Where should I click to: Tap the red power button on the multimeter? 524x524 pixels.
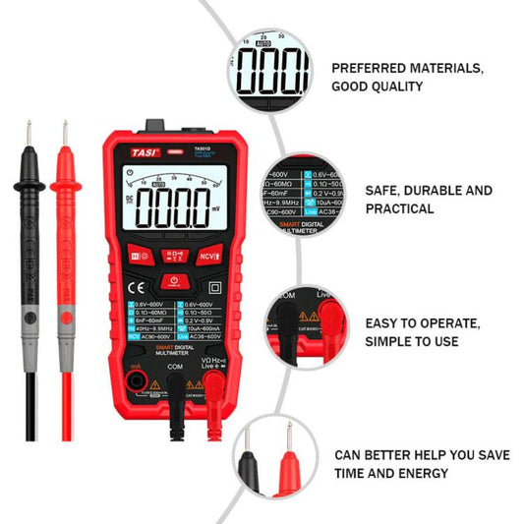coord(173,281)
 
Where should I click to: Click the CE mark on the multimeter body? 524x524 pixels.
coord(139,287)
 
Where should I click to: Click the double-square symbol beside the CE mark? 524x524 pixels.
coord(215,287)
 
